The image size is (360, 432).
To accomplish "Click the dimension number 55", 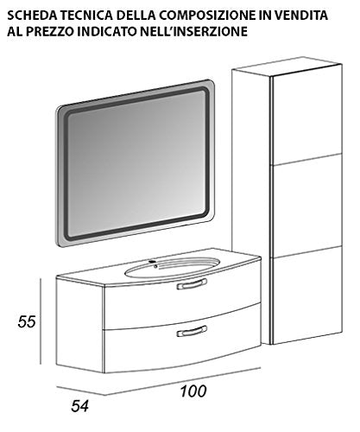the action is coord(27,321).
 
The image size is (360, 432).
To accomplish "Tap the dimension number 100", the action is coord(193,391).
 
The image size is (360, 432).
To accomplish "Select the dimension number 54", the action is coord(79,406).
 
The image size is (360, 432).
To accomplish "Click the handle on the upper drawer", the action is coord(192,283).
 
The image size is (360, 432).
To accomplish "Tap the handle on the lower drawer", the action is coord(192,331).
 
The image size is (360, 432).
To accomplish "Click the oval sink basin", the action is coord(173,268).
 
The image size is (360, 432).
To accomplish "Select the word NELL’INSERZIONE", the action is coord(193,31).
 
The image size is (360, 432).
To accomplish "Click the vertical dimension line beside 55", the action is coord(41,321).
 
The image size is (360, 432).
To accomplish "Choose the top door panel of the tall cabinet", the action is coord(306,115).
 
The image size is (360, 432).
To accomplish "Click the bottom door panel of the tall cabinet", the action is coord(306,295).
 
